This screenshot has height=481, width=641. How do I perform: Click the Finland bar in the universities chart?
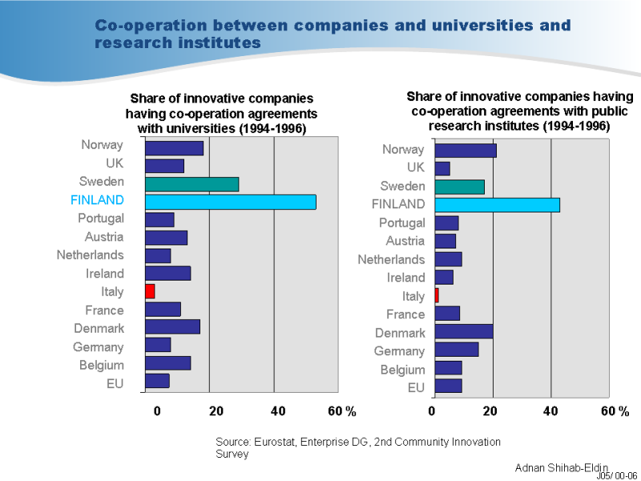(x=230, y=201)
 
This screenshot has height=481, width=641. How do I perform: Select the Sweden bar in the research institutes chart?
(x=459, y=187)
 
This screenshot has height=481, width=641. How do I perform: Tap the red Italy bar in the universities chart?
(x=150, y=291)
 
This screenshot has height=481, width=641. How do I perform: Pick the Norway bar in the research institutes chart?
(x=466, y=150)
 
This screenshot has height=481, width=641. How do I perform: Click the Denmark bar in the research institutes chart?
(x=464, y=332)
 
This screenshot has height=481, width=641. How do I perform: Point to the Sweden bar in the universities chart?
(x=191, y=184)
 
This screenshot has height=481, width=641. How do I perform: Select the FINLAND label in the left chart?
(x=97, y=200)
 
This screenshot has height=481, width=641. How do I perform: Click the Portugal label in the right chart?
(x=401, y=223)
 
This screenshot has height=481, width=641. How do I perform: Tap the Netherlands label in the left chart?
(x=90, y=255)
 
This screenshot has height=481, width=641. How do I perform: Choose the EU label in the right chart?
(x=416, y=388)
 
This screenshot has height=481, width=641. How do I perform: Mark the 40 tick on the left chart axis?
(x=278, y=411)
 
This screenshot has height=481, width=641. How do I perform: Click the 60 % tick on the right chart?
(x=615, y=411)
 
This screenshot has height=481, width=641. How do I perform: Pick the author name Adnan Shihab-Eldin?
(x=561, y=467)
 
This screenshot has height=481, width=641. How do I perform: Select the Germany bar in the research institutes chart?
(x=456, y=350)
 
